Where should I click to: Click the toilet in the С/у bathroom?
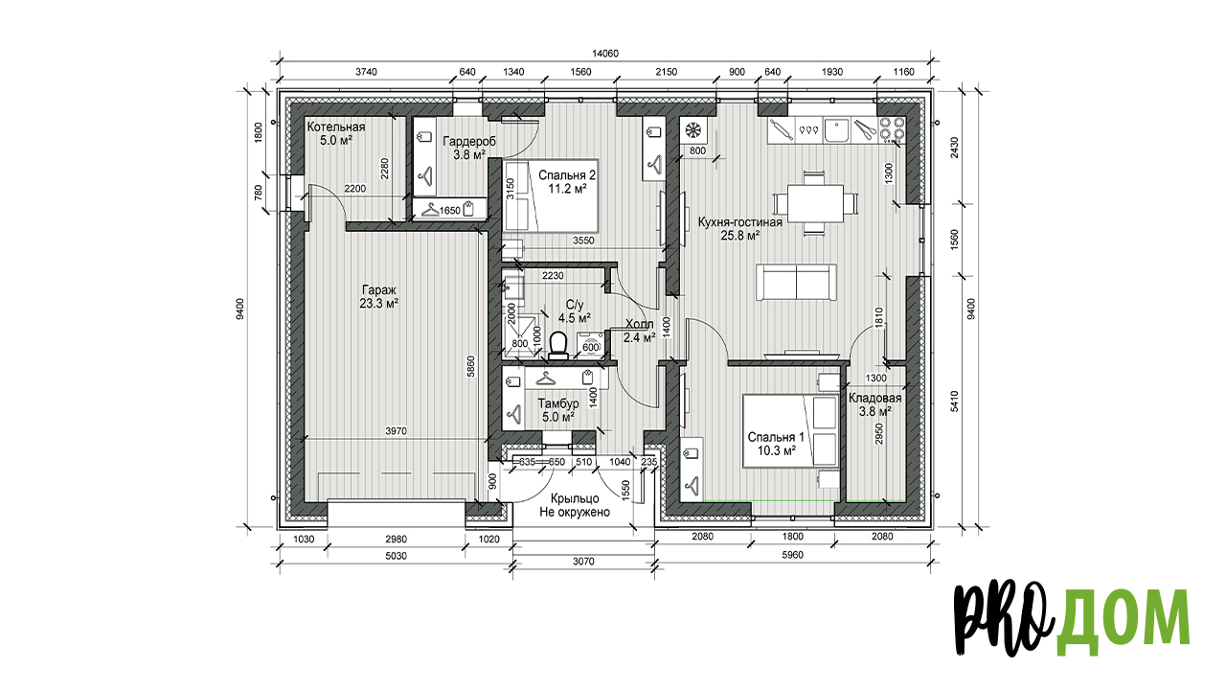coord(558,346)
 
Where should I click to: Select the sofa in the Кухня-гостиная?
coord(796,282)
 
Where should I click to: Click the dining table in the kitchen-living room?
coord(815,203)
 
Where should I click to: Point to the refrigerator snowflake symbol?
coord(693,130)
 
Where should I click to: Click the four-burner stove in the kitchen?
coord(892,128)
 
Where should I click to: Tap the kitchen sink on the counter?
coord(836,130)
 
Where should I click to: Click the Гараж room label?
coord(378,290)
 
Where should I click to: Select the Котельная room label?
coord(336,127)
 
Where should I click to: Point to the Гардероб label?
coord(469,141)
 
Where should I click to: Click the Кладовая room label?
coord(874,398)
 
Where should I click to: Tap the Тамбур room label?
coord(557,403)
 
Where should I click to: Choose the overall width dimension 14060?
coord(605,54)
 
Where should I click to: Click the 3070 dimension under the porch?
coord(583,562)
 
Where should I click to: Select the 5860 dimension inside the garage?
coord(470,366)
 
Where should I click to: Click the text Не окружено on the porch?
coord(575,513)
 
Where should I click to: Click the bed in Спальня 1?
coord(790,430)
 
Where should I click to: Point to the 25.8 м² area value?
coord(739,236)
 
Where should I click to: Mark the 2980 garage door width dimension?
coord(396,539)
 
